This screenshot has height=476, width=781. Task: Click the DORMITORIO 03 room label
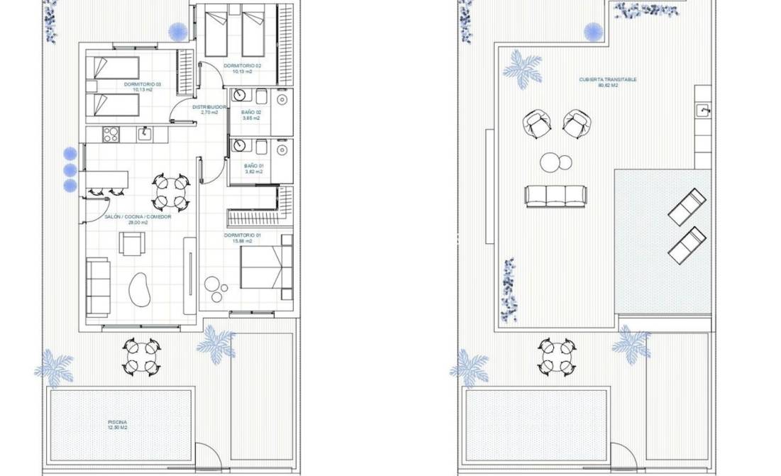[x=142, y=84]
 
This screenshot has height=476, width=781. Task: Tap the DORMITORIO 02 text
[x=242, y=65]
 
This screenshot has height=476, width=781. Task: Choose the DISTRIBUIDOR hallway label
[x=209, y=106]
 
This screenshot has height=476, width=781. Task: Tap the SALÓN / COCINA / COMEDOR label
[x=138, y=217]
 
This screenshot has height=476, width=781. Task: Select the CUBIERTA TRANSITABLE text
[x=597, y=80]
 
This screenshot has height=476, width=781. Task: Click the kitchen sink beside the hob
[x=144, y=133]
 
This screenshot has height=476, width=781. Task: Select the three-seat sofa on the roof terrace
[x=555, y=195]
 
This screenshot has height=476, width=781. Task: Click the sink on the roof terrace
[x=702, y=111]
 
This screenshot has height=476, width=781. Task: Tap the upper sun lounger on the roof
[x=687, y=206]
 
